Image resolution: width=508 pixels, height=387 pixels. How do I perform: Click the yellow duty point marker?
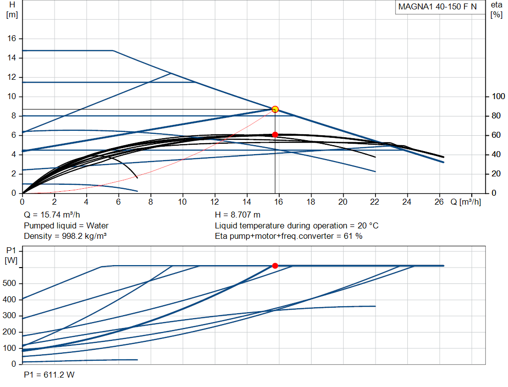pyautogui.click(x=275, y=110)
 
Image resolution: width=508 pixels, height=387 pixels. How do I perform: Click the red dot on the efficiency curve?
pyautogui.click(x=275, y=135)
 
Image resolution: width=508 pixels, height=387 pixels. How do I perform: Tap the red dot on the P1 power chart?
pyautogui.click(x=275, y=266)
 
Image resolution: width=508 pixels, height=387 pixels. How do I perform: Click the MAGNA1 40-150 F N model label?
pyautogui.click(x=438, y=7)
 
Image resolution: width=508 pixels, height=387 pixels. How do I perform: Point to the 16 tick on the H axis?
pyautogui.click(x=12, y=39)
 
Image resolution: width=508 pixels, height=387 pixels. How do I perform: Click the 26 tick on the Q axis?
pyautogui.click(x=439, y=202)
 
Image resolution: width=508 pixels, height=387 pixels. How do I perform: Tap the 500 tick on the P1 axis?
pyautogui.click(x=9, y=283)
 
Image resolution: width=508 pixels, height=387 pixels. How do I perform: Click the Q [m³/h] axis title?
pyautogui.click(x=465, y=202)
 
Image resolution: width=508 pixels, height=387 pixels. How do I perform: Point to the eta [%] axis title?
pyautogui.click(x=497, y=10)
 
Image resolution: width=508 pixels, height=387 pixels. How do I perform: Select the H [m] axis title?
pyautogui.click(x=12, y=10)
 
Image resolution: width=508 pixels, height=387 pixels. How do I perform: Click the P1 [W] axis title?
pyautogui.click(x=11, y=255)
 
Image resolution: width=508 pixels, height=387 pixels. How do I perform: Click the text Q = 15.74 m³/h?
pyautogui.click(x=52, y=215)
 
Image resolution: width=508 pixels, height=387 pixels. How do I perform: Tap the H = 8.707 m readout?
pyautogui.click(x=238, y=215)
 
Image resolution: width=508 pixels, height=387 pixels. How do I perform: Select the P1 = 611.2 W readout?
pyautogui.click(x=49, y=375)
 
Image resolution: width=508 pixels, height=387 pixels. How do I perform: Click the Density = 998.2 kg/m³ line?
pyautogui.click(x=65, y=236)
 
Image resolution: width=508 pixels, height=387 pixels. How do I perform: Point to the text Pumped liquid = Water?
pyautogui.click(x=66, y=225)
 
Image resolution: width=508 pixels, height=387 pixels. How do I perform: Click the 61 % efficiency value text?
pyautogui.click(x=353, y=236)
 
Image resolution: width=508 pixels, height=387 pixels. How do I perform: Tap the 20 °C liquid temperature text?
pyautogui.click(x=368, y=225)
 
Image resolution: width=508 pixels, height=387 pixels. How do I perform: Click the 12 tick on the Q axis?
pyautogui.click(x=214, y=202)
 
